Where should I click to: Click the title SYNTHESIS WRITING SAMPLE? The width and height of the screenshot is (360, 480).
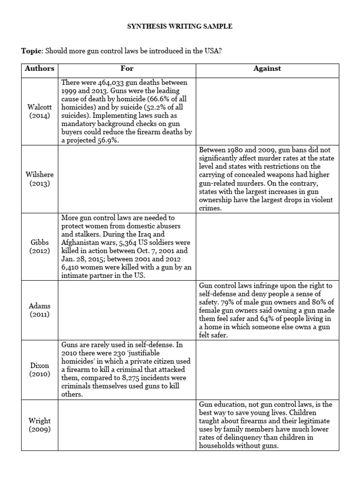pos(180,27)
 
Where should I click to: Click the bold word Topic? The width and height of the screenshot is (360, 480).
pos(31,51)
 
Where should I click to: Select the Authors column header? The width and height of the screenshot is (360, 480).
pos(40,68)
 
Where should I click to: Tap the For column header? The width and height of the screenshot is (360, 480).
pos(127,68)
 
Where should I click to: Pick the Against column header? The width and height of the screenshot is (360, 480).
pos(267,68)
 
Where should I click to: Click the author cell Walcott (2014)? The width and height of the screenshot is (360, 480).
pos(40,111)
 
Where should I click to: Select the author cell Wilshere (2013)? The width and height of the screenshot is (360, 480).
pos(40,179)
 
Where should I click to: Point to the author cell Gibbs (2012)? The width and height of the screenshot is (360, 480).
pos(40,246)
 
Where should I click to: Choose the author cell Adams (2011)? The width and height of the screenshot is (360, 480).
pos(40,310)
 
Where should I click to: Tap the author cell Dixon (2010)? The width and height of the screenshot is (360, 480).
pos(40,369)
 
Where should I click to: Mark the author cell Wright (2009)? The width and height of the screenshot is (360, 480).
pos(40,425)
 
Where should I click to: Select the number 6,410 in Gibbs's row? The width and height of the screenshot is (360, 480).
pos(73,268)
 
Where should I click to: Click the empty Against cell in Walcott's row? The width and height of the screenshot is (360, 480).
pos(267,111)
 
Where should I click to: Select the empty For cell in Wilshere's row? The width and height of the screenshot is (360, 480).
pos(127,179)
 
